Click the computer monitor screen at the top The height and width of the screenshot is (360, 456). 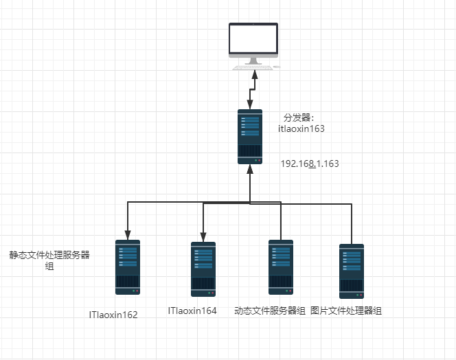point(253,40)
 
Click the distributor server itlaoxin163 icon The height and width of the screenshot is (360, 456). point(250,136)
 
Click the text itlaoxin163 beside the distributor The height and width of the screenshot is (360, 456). point(301,128)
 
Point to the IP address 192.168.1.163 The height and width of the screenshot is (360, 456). point(310,164)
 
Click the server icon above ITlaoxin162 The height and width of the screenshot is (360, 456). point(128,267)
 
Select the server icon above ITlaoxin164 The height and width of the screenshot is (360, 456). point(203,269)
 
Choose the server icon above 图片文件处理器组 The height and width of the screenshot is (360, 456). point(352,271)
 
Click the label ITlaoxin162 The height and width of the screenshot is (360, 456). point(113,315)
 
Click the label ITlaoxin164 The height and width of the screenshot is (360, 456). point(192,311)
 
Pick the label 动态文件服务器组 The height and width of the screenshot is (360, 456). point(270,311)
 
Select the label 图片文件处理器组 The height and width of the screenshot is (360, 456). point(346,311)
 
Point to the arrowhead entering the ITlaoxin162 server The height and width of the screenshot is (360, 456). point(128,234)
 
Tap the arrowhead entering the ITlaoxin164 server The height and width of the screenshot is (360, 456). point(203,236)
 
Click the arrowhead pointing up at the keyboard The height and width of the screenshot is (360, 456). point(253,74)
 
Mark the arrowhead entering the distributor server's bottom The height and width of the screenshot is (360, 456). point(250,169)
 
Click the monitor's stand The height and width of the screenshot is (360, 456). point(253,60)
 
